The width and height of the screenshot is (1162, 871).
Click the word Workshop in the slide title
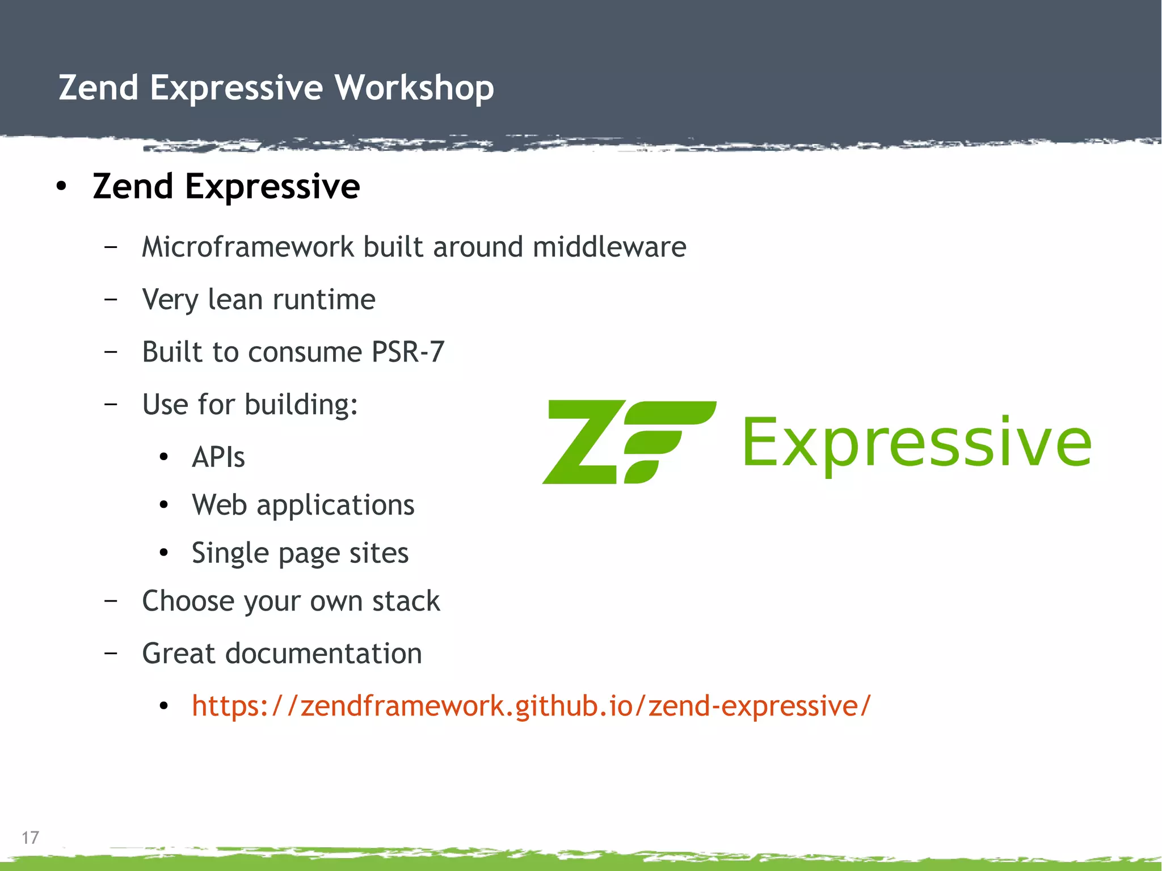(x=414, y=88)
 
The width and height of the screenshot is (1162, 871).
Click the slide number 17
(x=30, y=838)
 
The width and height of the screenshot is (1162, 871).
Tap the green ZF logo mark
(x=629, y=442)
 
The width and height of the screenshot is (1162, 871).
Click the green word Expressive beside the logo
(x=916, y=442)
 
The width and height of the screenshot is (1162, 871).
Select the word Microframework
(x=248, y=247)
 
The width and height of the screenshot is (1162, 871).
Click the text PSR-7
(x=407, y=352)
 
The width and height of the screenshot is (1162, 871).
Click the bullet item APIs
(x=218, y=457)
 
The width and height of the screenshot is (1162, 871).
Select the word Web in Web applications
(x=219, y=505)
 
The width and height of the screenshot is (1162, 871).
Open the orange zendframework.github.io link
(x=531, y=706)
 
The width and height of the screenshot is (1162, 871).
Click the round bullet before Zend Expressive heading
(x=61, y=187)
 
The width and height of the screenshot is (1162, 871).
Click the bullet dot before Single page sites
(x=164, y=553)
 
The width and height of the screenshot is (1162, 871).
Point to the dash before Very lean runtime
(x=111, y=299)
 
